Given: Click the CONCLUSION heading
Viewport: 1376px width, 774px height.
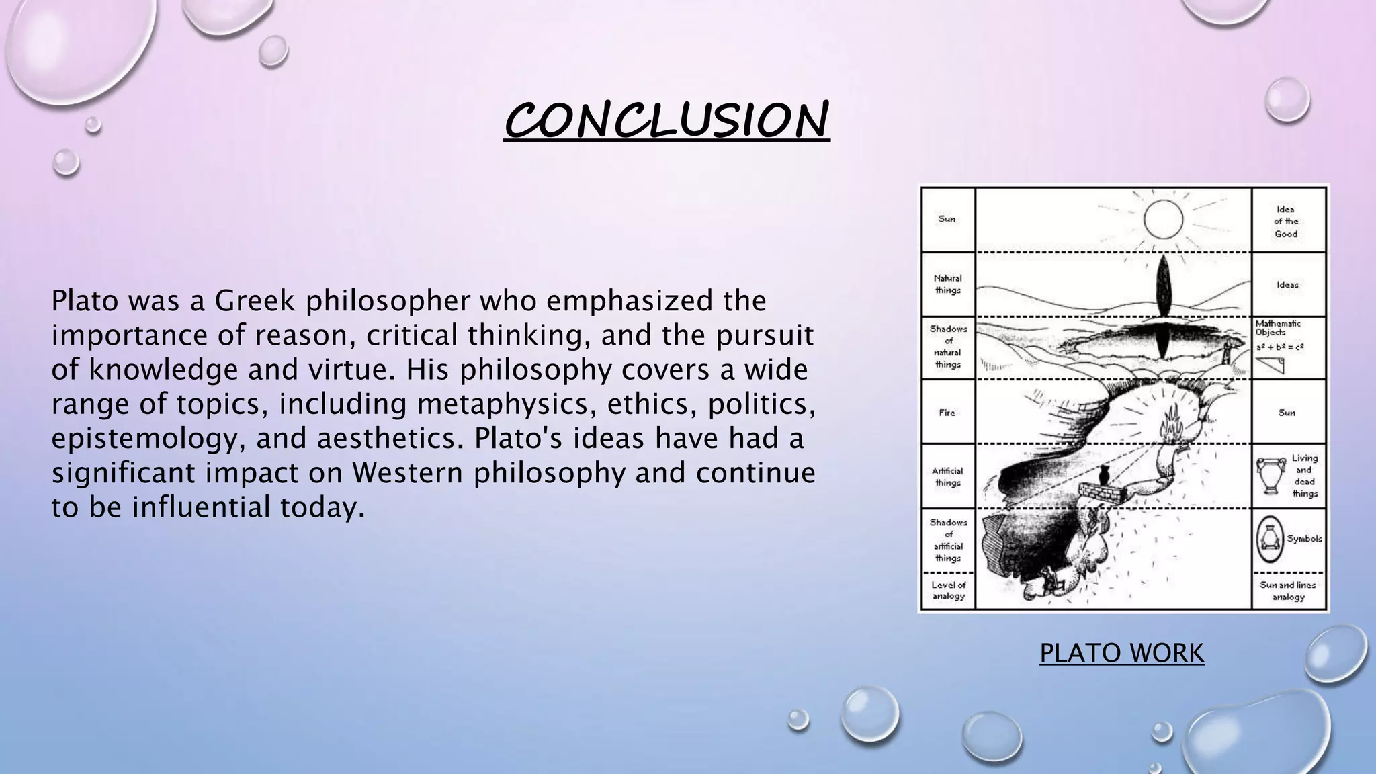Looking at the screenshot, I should tap(666, 120).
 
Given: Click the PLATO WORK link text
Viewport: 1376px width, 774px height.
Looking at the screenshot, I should tap(1121, 653).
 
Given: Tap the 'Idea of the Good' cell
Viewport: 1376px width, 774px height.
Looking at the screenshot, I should tap(1286, 222).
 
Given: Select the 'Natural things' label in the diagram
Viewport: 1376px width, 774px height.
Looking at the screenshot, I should tap(947, 284).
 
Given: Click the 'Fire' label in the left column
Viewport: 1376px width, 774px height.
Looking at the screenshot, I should tap(947, 413).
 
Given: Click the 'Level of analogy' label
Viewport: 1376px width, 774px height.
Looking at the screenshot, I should tap(948, 591).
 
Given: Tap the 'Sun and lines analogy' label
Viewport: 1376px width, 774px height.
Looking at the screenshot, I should tap(1287, 591).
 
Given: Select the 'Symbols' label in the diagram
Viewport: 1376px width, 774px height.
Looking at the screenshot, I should tap(1304, 539).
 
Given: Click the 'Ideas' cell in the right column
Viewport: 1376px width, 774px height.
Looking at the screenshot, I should tap(1287, 285).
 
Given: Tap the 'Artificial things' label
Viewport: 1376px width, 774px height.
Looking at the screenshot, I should tap(947, 476).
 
